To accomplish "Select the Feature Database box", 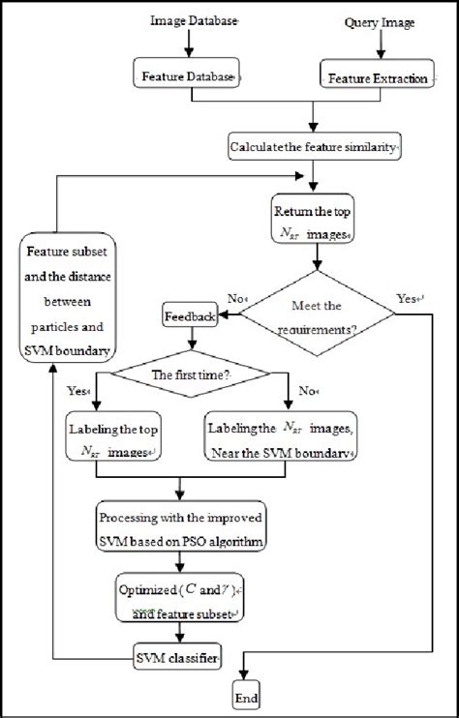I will tap(187, 77).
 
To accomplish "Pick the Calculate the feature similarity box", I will tap(315, 148).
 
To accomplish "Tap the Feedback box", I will tap(190, 315).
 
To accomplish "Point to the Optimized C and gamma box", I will tap(181, 598).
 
